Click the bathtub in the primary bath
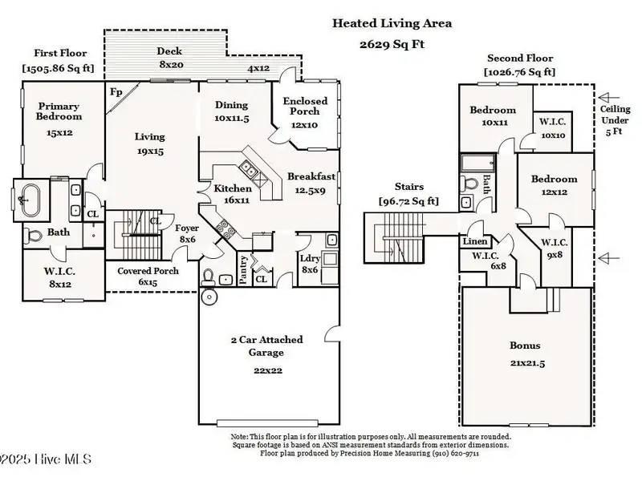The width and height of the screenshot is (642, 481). click(30, 200)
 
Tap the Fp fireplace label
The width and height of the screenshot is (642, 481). click(116, 92)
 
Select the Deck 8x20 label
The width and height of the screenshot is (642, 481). click(170, 58)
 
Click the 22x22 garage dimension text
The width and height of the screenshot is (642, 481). click(268, 370)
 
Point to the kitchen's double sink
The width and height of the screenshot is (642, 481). click(248, 168)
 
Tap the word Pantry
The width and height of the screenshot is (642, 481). click(243, 269)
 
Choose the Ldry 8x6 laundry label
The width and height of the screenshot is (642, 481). click(310, 264)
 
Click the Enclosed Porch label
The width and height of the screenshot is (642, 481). click(305, 106)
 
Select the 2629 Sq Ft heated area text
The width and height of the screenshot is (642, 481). click(392, 44)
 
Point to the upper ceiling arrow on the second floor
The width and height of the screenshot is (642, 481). click(609, 97)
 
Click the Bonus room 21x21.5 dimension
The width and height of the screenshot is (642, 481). click(527, 363)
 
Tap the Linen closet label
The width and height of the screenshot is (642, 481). click(475, 241)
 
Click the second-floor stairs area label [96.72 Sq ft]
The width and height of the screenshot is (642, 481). click(408, 201)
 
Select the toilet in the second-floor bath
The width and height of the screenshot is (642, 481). click(469, 184)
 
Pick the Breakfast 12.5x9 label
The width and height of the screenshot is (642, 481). click(311, 183)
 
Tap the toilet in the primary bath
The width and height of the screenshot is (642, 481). click(34, 236)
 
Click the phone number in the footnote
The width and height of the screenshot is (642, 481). click(456, 453)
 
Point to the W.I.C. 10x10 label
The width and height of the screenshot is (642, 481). click(553, 128)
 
